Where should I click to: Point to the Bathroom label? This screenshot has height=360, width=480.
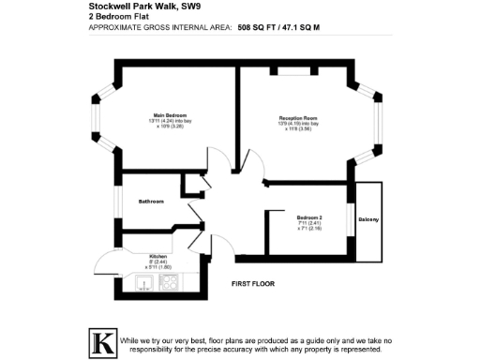152,201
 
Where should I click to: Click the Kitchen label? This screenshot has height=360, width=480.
157,256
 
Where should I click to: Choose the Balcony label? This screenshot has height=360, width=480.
368,219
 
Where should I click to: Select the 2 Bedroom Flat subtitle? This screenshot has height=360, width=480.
119,18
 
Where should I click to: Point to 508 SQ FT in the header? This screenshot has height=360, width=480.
259,28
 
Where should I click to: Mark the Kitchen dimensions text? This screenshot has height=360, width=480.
157,264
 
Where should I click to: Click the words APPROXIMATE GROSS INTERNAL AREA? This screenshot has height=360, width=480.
159,28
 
